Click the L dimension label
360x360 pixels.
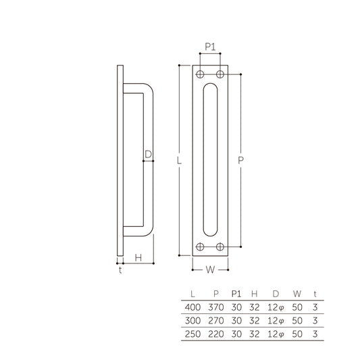(177, 161)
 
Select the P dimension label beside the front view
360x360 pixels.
(242, 161)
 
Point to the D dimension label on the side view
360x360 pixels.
(148, 154)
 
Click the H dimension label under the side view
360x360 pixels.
(138, 257)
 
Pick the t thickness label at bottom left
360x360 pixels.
(120, 270)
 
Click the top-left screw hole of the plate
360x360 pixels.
(201, 74)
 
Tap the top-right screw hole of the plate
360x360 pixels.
(220, 74)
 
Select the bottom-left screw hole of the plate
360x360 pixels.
(201, 247)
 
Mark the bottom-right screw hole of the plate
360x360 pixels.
(220, 247)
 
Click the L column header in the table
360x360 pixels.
(193, 294)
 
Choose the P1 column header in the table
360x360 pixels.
(236, 294)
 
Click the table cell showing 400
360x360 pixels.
(193, 307)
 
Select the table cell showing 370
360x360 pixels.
(215, 307)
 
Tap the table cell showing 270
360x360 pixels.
(215, 319)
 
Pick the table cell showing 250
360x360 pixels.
(193, 333)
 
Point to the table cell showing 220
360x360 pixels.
(215, 333)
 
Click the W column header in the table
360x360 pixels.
(297, 294)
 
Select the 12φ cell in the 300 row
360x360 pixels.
(276, 319)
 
